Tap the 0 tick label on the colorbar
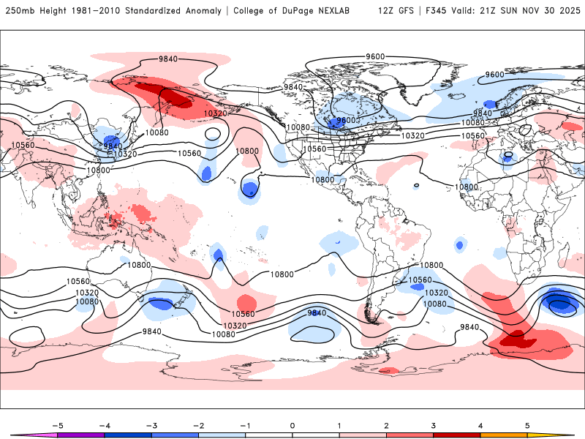pyautogui.click(x=292, y=424)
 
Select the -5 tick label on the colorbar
pyautogui.click(x=58, y=424)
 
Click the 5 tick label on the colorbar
pyautogui.click(x=526, y=424)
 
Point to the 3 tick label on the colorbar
pyautogui.click(x=433, y=424)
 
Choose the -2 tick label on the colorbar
pyautogui.click(x=199, y=424)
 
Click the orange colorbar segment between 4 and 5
pyautogui.click(x=503, y=435)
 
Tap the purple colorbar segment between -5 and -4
pyautogui.click(x=82, y=435)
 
